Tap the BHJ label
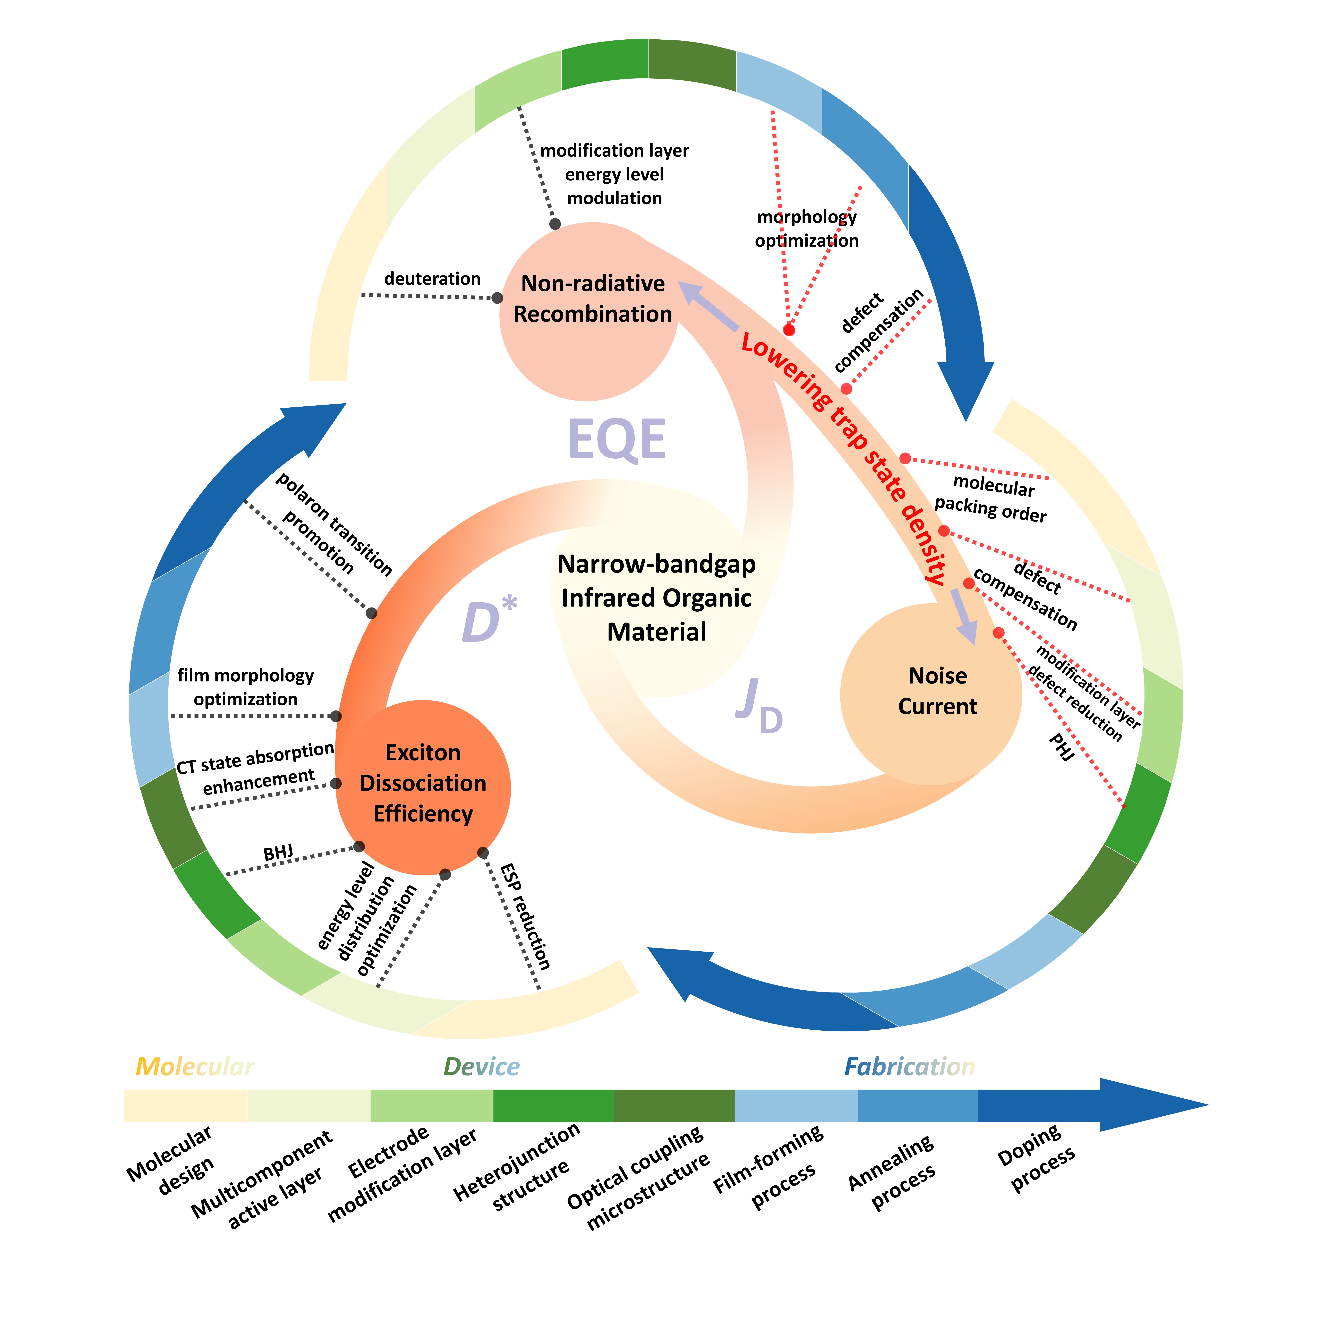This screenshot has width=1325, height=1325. pos(278,853)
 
